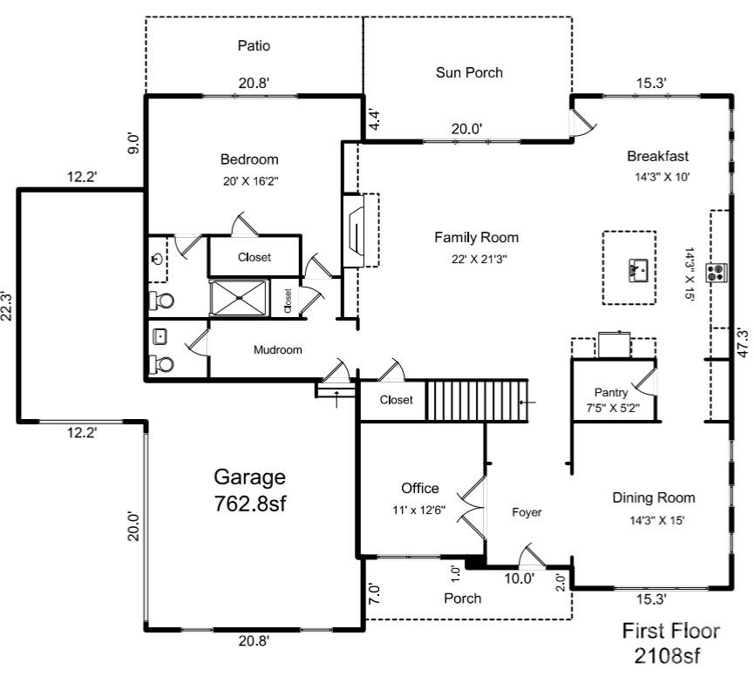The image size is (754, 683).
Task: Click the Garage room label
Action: coord(250,477)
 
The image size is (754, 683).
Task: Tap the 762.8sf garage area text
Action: coord(250,504)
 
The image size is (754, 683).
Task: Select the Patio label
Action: coord(254,45)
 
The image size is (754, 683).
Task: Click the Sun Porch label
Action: coord(469,72)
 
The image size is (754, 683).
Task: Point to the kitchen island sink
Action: coord(635,271)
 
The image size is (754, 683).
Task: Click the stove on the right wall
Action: coord(717,273)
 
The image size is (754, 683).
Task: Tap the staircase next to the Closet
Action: coord(477,400)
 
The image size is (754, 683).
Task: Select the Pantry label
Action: coord(611,392)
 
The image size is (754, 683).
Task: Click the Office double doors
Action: coord(473,508)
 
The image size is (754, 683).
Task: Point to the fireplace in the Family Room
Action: coord(356,231)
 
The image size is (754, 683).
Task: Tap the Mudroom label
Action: coord(277,350)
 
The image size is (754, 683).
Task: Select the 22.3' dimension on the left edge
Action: coord(8,306)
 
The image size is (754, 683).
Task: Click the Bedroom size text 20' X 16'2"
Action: coord(249,183)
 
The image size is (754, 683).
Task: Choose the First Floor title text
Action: coord(670,632)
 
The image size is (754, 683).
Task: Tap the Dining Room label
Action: coord(653,498)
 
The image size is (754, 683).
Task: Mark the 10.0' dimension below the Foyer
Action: coord(520,578)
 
